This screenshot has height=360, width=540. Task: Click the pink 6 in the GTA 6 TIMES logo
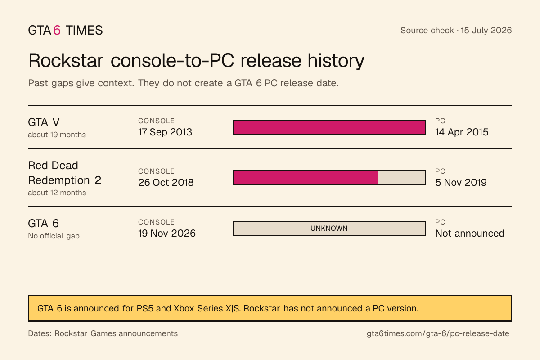pyautogui.click(x=57, y=31)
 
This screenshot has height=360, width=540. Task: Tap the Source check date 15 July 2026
pyautogui.click(x=486, y=31)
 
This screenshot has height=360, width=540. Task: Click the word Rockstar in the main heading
pyautogui.click(x=66, y=60)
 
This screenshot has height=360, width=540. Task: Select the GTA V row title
pyautogui.click(x=44, y=122)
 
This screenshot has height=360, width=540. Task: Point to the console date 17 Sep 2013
pyautogui.click(x=165, y=132)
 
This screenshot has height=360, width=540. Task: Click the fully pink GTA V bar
pyautogui.click(x=329, y=127)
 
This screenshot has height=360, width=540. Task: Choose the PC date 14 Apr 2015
pyautogui.click(x=462, y=132)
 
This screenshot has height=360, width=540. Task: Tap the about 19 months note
pyautogui.click(x=57, y=135)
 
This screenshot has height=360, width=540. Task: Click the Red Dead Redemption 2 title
pyautogui.click(x=65, y=173)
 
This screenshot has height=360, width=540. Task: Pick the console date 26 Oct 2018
pyautogui.click(x=166, y=183)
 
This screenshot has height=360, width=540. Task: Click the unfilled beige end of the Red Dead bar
pyautogui.click(x=401, y=178)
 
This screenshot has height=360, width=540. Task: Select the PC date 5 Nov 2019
pyautogui.click(x=461, y=183)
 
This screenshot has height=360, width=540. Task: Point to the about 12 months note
pyautogui.click(x=57, y=193)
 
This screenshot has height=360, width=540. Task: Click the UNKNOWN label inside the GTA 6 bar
pyautogui.click(x=329, y=228)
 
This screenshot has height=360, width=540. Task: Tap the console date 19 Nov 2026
pyautogui.click(x=167, y=234)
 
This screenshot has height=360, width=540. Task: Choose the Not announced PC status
pyautogui.click(x=470, y=234)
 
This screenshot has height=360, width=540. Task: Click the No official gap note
pyautogui.click(x=54, y=236)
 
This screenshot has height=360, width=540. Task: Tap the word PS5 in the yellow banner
pyautogui.click(x=145, y=308)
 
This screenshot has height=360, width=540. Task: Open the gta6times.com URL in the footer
pyautogui.click(x=438, y=333)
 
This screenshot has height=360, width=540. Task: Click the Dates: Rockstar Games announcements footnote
pyautogui.click(x=103, y=333)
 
